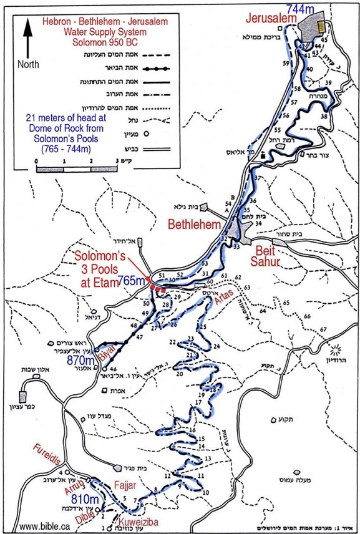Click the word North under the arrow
pos(28,63)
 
